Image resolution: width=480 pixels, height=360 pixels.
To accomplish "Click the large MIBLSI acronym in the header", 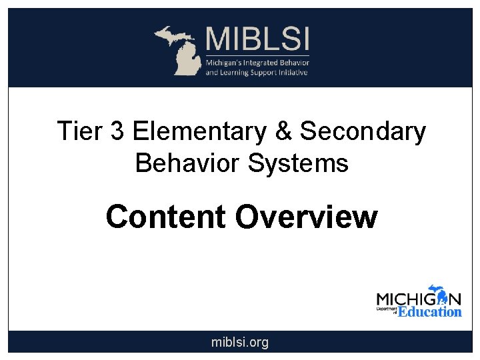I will (257, 39).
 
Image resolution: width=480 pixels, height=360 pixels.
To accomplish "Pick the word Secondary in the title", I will (363, 132).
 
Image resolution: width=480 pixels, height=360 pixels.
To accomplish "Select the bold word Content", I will (166, 217).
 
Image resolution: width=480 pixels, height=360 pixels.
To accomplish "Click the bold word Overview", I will (306, 217).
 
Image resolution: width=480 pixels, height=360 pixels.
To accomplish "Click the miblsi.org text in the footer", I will (240, 343).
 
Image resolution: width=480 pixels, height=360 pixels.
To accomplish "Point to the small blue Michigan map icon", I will (437, 294).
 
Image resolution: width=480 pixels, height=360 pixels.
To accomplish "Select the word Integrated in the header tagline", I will (263, 62).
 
